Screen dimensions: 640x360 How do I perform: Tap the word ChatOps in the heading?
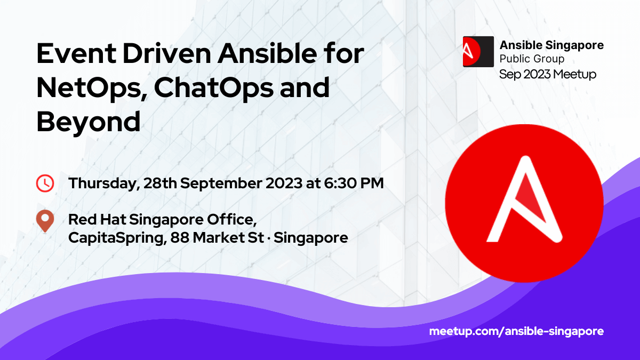(213, 89)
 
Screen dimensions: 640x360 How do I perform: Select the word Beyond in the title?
(89, 122)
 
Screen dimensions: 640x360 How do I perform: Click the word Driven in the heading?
(166, 53)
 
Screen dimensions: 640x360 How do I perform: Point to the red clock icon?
(45, 183)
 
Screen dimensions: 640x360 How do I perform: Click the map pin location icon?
(45, 221)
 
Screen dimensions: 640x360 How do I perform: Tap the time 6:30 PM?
(354, 183)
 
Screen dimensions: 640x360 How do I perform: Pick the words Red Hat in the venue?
(97, 219)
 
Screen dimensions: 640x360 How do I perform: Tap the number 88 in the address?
(180, 237)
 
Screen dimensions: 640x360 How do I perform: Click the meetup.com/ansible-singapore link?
(516, 331)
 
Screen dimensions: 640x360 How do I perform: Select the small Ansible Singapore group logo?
(478, 52)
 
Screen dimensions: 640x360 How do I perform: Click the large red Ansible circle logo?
(524, 203)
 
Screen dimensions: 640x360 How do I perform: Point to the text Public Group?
(532, 59)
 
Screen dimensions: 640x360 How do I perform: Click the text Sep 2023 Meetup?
(548, 75)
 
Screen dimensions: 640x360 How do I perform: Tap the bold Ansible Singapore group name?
(551, 45)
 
